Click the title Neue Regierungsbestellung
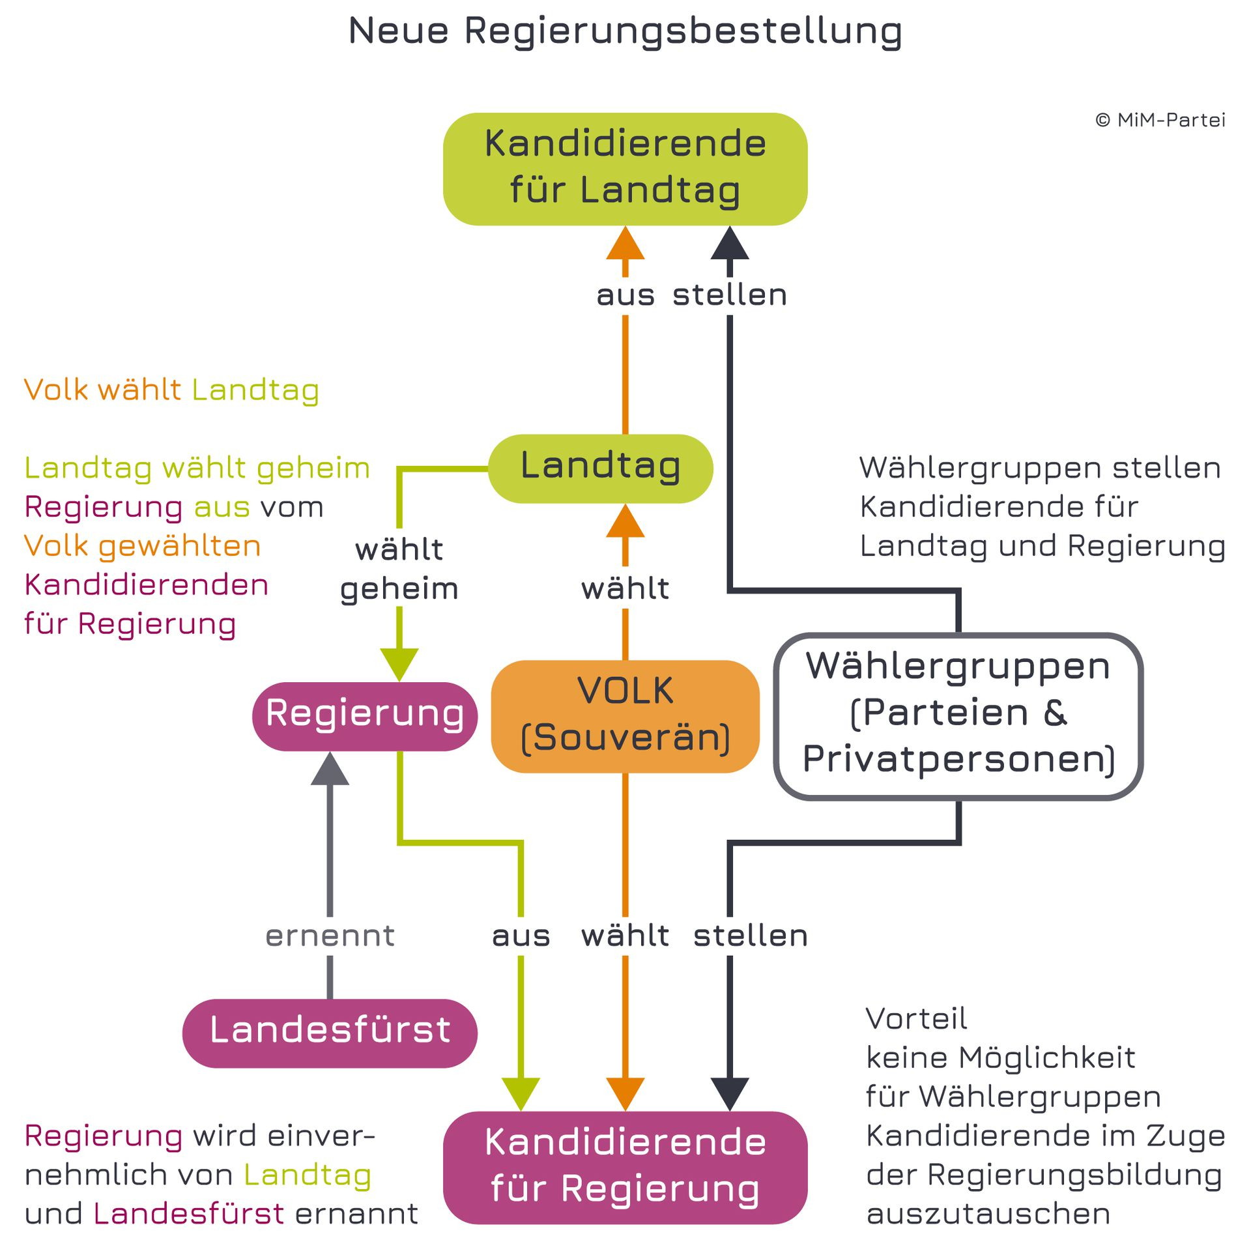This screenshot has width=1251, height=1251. (625, 31)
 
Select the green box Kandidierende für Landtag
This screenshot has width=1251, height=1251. (625, 169)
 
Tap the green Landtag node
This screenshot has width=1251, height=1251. (601, 468)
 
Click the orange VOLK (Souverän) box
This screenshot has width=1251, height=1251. (625, 717)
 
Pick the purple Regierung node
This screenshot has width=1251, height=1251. (365, 716)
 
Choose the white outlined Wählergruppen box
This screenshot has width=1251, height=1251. (958, 716)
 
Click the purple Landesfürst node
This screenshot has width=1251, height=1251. (330, 1033)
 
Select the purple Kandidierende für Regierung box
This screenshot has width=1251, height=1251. (625, 1168)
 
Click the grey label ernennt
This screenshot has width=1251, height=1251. (330, 936)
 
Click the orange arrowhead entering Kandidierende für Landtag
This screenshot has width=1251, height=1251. (625, 242)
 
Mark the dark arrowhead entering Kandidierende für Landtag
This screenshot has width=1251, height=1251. (730, 242)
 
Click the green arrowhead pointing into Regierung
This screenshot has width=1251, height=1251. (399, 665)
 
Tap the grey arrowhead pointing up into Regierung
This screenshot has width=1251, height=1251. (330, 768)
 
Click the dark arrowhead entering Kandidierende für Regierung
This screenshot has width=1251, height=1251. (730, 1095)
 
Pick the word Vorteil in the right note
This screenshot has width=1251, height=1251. (916, 1018)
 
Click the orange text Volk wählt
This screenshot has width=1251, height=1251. (103, 390)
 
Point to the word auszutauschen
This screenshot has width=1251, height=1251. (988, 1214)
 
